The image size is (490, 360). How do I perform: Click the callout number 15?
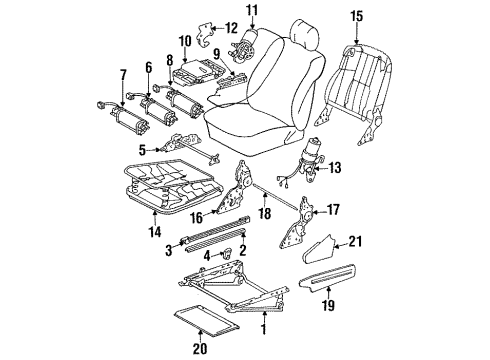[x=356, y=16]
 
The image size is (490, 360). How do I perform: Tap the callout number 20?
[x=200, y=348]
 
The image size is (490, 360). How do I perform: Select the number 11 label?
[x=252, y=10]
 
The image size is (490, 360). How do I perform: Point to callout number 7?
[x=123, y=76]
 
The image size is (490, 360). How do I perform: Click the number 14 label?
[x=155, y=231]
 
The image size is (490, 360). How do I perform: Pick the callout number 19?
[x=328, y=305]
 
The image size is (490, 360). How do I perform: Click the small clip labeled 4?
[x=227, y=254]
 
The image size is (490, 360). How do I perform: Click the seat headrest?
[x=305, y=33]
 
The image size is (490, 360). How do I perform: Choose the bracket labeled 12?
[x=204, y=35]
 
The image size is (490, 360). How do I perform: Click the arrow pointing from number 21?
[x=341, y=246]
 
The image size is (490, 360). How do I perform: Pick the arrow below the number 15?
[x=357, y=33]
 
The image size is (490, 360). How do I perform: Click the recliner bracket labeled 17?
[x=296, y=223]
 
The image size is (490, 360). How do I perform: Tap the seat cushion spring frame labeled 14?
[x=173, y=188]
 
